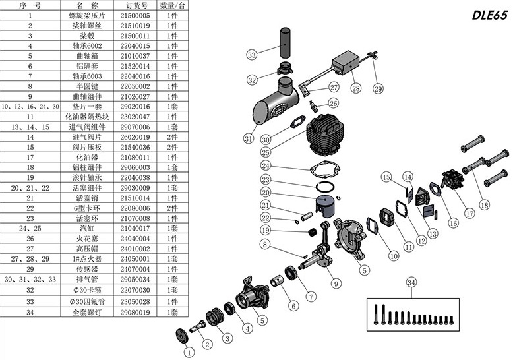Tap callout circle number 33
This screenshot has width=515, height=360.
coord(251,55)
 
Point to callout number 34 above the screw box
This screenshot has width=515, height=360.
coord(411,283)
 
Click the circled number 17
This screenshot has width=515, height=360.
coord(470,213)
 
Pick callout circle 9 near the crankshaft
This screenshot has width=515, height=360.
coord(337,284)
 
